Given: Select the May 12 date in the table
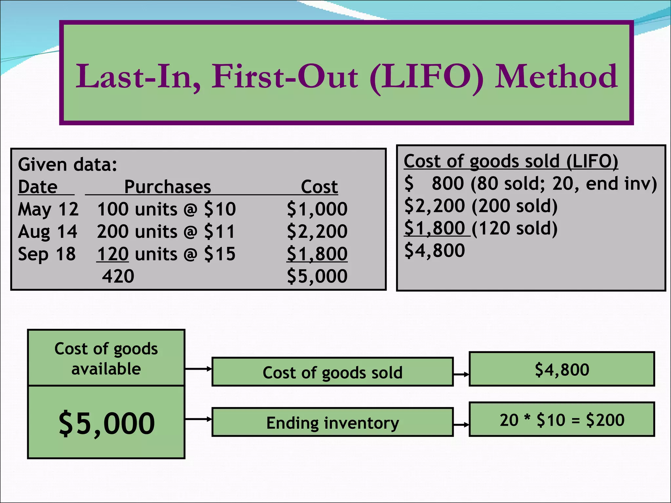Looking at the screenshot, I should pos(48,209).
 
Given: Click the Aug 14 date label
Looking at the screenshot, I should pos(48,232).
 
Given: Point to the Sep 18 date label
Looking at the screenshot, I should pos(47,254).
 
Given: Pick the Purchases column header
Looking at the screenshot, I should pos(167,187).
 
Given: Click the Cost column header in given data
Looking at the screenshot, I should pos(319,187).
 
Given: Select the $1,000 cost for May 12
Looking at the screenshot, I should pos(317,209).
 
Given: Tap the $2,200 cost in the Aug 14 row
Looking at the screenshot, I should pos(317,232).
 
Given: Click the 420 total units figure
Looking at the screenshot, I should pos(118,276).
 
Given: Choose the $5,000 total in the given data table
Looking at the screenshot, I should pos(317,276).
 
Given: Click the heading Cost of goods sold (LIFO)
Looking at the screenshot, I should pos(510,161).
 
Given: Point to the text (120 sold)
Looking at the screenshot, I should pos(514,228).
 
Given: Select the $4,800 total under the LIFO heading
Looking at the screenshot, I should pos(434,251).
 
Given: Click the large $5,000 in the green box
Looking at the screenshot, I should pos(106,423).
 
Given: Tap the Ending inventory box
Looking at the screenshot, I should pos(333,422).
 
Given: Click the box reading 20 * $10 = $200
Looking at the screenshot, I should pos(562,420).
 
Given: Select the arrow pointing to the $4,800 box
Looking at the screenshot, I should pos(461,374).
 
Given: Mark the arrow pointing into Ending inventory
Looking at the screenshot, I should pos(199,419).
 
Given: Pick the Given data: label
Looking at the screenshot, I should pos(67,164).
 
